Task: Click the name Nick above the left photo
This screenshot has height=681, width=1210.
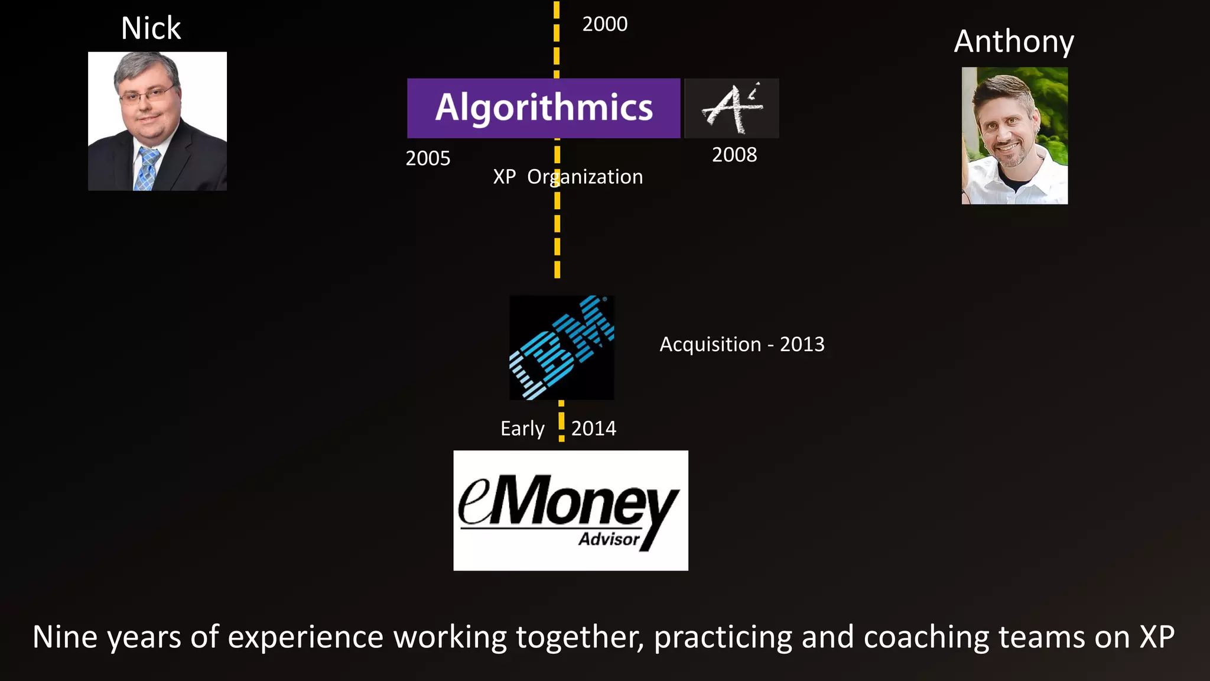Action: [x=151, y=28]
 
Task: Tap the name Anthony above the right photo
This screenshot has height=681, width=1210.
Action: [x=1014, y=41]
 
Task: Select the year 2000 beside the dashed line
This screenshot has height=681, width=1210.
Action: [x=604, y=24]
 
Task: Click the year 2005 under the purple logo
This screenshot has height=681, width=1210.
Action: [x=428, y=158]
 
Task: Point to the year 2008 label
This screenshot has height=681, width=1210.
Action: [x=734, y=155]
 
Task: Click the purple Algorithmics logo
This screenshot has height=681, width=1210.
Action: [x=544, y=108]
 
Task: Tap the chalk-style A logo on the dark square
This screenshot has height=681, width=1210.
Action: [x=731, y=108]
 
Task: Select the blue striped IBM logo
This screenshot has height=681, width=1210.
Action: [x=561, y=348]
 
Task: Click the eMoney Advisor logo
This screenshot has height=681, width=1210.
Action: [x=570, y=510]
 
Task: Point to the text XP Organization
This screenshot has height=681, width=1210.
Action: [x=568, y=177]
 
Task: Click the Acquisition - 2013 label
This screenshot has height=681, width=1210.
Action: [x=741, y=344]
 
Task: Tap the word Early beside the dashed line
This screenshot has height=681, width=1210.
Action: [x=522, y=429]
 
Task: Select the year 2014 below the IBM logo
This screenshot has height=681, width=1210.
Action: [x=593, y=429]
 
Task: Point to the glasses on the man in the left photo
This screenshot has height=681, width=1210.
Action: [x=146, y=95]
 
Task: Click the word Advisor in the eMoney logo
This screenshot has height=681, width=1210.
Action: [x=609, y=539]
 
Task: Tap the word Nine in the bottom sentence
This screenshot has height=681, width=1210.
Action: [x=65, y=637]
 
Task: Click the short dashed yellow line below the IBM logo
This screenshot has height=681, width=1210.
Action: [x=561, y=421]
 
